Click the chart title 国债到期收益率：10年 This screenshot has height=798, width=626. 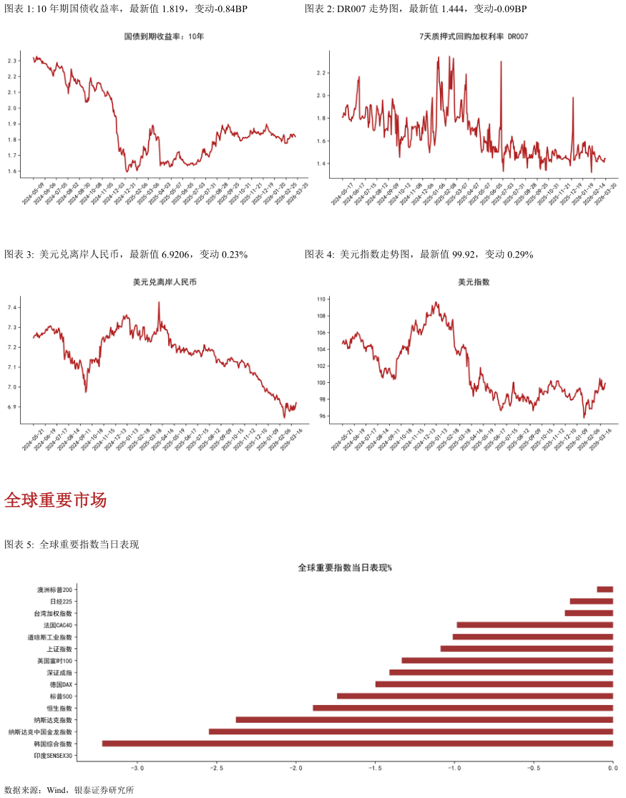[x=164, y=36]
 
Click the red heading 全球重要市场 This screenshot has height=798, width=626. [x=55, y=500]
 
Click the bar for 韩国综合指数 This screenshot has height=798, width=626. [x=358, y=744]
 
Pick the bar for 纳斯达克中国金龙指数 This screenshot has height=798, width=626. [x=411, y=731]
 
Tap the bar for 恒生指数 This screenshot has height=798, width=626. [x=463, y=708]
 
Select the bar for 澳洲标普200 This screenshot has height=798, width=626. [x=605, y=590]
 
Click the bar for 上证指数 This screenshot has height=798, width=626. [x=527, y=648]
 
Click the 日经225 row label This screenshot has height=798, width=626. [x=61, y=602]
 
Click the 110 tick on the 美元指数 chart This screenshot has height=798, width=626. [x=321, y=299]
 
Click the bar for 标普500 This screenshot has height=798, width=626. [x=475, y=696]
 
